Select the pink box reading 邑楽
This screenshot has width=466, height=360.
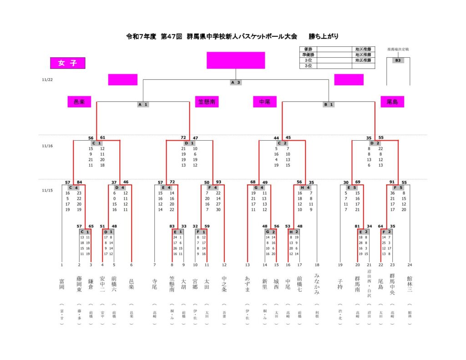(x=79, y=102)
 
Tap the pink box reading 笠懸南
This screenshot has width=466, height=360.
(x=207, y=102)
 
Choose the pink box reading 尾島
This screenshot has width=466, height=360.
(x=392, y=102)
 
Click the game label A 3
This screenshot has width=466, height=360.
(x=235, y=82)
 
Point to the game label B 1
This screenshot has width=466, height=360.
(x=329, y=104)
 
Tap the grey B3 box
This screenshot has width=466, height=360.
(x=398, y=61)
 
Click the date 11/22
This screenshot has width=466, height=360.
(x=47, y=80)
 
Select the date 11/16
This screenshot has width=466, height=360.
(x=47, y=146)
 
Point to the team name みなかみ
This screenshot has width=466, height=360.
(x=317, y=284)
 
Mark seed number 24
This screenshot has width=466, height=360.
(x=410, y=264)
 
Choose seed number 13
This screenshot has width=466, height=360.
(x=248, y=264)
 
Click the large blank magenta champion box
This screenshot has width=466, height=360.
(x=236, y=60)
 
